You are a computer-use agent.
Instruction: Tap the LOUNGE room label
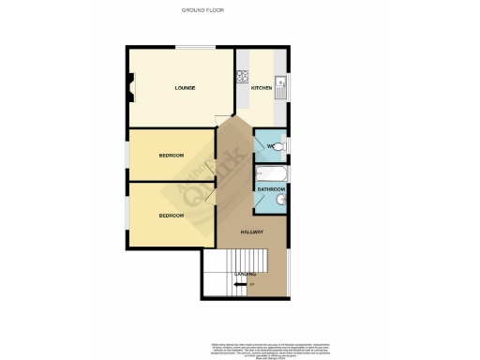[x=184, y=88]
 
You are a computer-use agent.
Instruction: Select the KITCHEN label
[x=262, y=88]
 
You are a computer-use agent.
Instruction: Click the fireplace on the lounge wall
[x=131, y=90]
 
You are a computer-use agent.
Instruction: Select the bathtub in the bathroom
[x=271, y=174]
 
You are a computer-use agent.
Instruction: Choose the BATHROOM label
[x=272, y=189]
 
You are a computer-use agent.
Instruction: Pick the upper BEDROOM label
[x=171, y=155]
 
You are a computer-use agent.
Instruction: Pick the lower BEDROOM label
[x=171, y=216]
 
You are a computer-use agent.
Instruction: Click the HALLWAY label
[x=251, y=232]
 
